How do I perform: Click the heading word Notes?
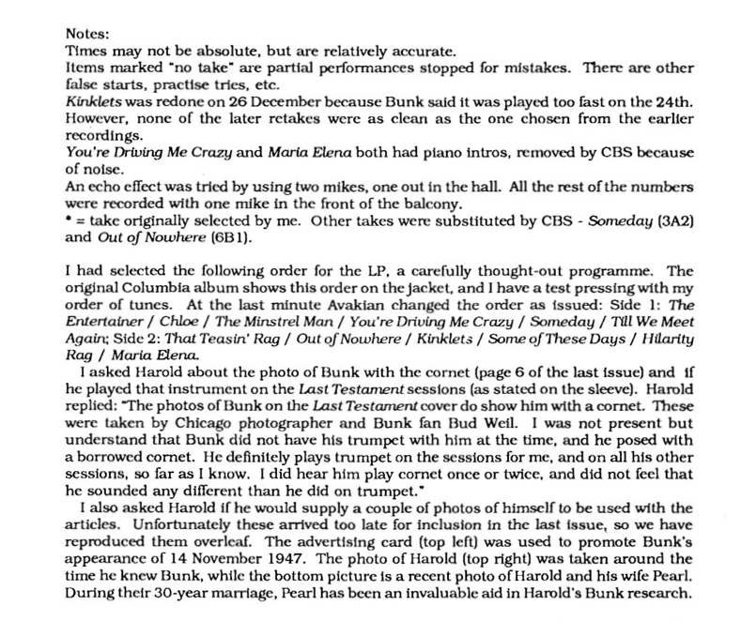87,31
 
